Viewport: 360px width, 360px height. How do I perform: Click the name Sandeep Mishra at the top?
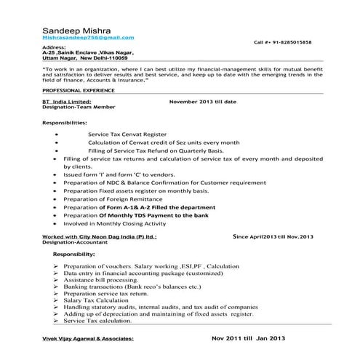pyautogui.click(x=73, y=27)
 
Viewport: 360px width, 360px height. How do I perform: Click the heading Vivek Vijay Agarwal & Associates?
pyautogui.click(x=96, y=339)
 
